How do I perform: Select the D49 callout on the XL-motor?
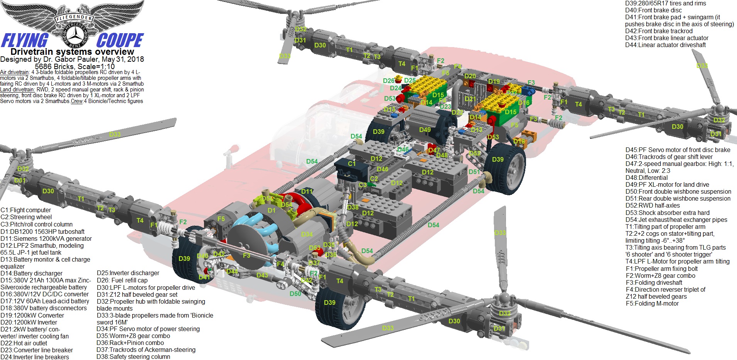click(425, 130)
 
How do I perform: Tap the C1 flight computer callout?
click(352, 164)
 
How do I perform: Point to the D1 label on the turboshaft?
click(272, 210)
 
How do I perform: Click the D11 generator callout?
click(307, 191)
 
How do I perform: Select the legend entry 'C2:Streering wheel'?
click(26, 217)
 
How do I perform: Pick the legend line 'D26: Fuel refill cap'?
click(122, 280)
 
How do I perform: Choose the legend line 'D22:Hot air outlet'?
click(24, 343)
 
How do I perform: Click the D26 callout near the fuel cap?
click(389, 81)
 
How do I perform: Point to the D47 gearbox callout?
click(433, 150)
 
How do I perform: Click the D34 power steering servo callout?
click(307, 234)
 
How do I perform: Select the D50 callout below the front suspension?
click(295, 294)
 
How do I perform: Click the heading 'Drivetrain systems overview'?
click(72, 52)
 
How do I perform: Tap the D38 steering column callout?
click(352, 207)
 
